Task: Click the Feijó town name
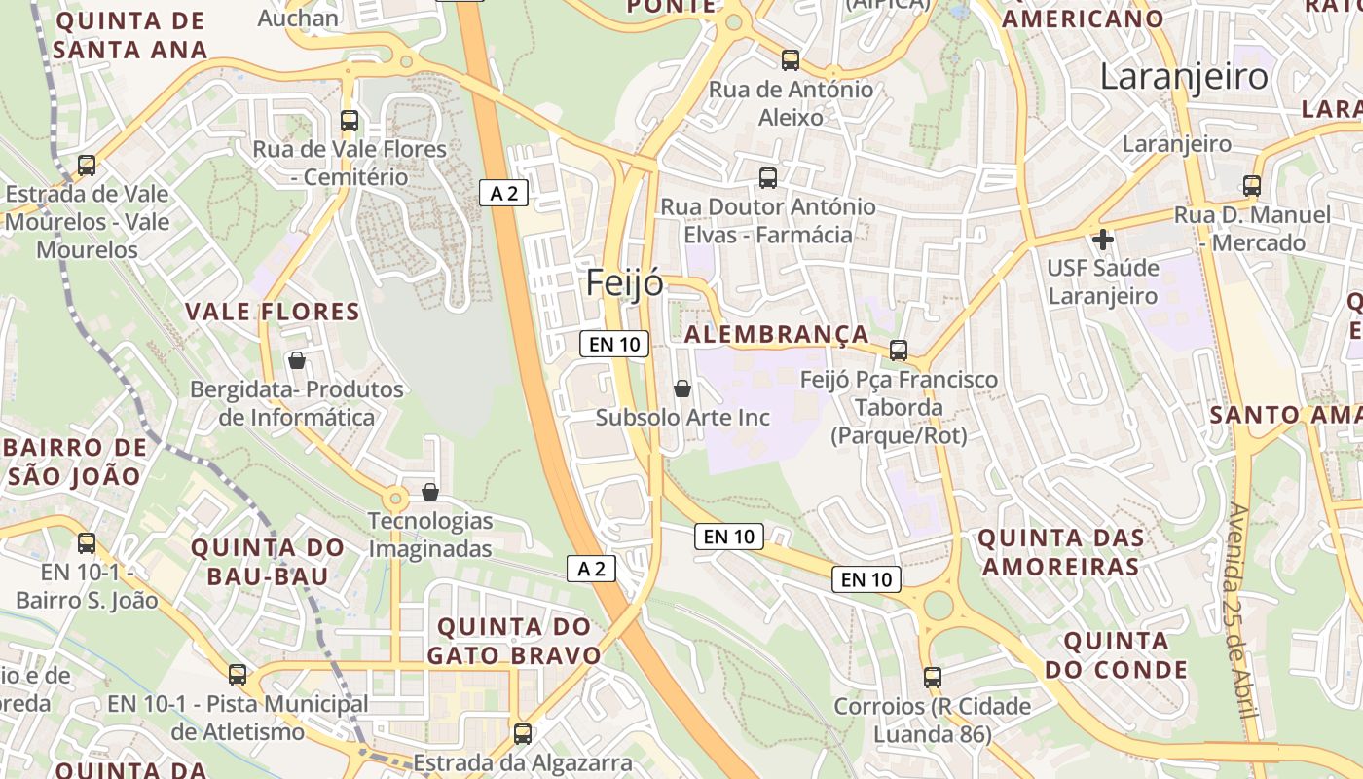(625, 283)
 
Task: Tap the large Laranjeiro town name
(1184, 76)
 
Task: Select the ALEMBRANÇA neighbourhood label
(776, 334)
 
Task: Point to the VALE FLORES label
(273, 312)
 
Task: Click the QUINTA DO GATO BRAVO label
(513, 640)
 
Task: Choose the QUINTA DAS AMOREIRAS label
(1060, 552)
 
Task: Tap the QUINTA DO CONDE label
(1116, 655)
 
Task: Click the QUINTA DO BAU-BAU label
(268, 562)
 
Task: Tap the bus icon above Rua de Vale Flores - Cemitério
(350, 121)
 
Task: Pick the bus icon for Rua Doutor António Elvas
(768, 178)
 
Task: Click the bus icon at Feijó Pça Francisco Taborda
(899, 351)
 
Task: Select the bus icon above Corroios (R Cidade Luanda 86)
(933, 678)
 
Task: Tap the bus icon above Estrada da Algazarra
(523, 733)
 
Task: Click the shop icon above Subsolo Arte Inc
(682, 389)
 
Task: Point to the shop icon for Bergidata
(297, 361)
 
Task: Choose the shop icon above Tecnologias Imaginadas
(430, 493)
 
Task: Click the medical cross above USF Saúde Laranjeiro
(1103, 239)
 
